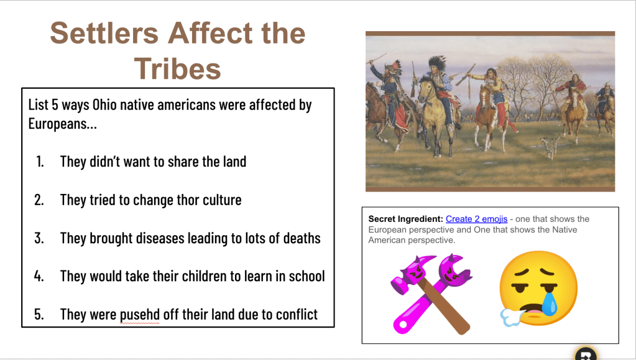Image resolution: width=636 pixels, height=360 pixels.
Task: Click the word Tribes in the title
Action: (178, 68)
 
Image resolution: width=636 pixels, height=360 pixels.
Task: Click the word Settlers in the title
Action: (104, 33)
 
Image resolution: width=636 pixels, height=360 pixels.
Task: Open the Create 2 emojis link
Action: (476, 219)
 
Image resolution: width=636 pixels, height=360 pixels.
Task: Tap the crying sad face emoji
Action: (538, 288)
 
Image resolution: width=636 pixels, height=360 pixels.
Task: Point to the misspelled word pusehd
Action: (140, 315)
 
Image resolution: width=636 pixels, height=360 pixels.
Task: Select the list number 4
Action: (39, 277)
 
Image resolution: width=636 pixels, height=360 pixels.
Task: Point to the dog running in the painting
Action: (550, 145)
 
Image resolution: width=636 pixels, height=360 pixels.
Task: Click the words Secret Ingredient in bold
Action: (405, 219)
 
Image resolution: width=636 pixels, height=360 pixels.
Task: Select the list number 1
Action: (40, 162)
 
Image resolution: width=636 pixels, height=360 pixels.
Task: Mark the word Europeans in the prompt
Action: (62, 124)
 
